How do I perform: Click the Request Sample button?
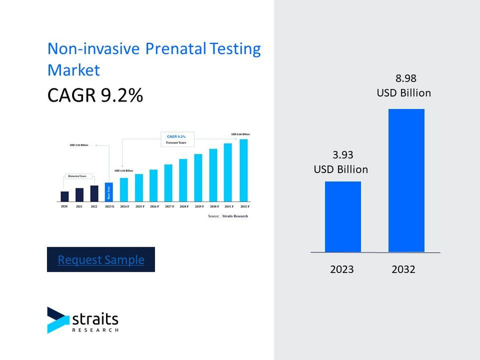click(x=101, y=259)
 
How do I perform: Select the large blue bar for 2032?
click(x=406, y=181)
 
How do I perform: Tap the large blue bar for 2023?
click(x=343, y=217)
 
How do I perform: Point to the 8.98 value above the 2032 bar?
click(x=406, y=78)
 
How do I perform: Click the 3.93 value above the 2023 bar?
click(x=343, y=155)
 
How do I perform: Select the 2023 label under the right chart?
click(x=342, y=269)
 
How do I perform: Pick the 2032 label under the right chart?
click(x=403, y=269)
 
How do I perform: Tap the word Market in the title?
click(x=74, y=69)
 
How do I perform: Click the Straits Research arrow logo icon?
click(x=57, y=320)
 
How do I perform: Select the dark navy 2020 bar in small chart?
click(x=64, y=196)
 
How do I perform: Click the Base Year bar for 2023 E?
click(x=109, y=192)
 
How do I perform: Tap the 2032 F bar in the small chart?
click(x=244, y=170)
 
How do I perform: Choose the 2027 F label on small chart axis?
click(x=169, y=207)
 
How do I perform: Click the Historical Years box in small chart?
click(x=77, y=176)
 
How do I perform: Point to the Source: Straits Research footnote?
click(x=227, y=215)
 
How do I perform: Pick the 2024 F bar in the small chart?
click(x=124, y=189)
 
